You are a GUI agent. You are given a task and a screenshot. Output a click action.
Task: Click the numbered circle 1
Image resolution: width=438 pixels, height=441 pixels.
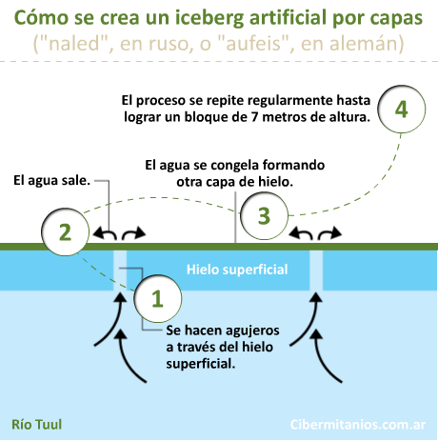point(158,298)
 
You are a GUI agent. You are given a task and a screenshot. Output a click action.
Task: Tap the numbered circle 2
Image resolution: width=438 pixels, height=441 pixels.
point(66,232)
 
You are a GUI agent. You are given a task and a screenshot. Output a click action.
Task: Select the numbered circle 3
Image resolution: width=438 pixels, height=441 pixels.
point(264,215)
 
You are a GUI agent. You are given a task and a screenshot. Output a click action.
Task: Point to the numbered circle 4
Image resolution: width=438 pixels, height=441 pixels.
point(402,109)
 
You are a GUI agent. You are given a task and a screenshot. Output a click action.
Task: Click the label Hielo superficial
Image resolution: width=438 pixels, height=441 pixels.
point(237,270)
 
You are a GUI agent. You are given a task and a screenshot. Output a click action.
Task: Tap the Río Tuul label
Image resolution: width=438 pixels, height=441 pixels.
point(37,424)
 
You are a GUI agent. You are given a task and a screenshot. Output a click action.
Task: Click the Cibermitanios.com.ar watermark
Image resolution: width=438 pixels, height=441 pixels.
point(358,425)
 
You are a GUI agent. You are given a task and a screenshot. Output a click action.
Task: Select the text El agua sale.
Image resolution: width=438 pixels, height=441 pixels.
point(52,180)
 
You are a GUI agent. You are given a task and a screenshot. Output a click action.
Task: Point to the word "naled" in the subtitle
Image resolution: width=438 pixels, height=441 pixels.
point(75,43)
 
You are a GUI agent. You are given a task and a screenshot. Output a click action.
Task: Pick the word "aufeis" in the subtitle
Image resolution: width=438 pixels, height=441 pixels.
point(253,43)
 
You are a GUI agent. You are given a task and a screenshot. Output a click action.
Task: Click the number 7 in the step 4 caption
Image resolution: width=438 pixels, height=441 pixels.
point(254,117)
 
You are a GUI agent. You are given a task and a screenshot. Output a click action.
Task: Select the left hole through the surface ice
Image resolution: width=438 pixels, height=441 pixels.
point(120,271)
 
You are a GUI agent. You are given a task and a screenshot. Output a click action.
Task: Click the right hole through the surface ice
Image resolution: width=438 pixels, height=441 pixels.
point(316,271)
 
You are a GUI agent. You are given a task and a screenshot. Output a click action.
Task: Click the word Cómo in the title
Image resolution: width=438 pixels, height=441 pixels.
point(41,18)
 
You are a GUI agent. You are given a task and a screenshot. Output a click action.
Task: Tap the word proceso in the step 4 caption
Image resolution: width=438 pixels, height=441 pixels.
point(161,101)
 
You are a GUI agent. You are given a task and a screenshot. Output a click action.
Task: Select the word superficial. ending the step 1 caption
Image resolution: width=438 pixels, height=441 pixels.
point(200,364)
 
